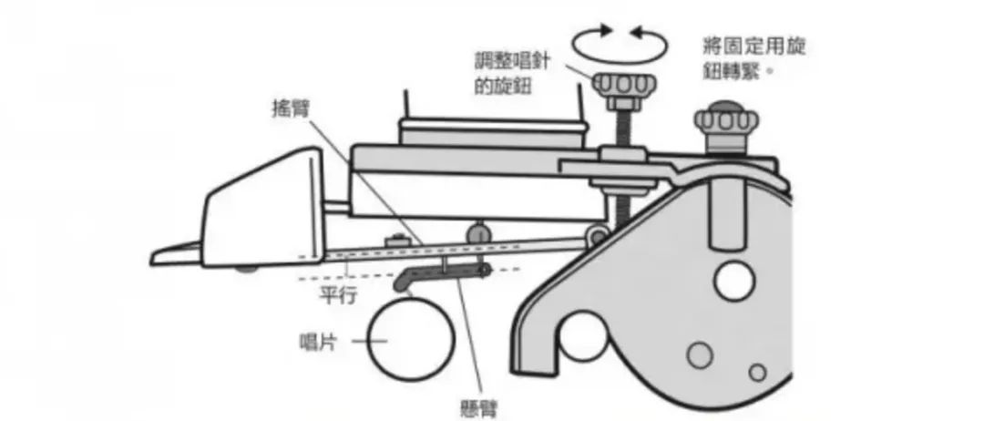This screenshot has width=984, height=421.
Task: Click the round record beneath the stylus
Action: [x=409, y=337]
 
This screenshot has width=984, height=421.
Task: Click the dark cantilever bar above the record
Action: [x=446, y=272]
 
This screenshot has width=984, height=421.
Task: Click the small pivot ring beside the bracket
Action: [x=597, y=238]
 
